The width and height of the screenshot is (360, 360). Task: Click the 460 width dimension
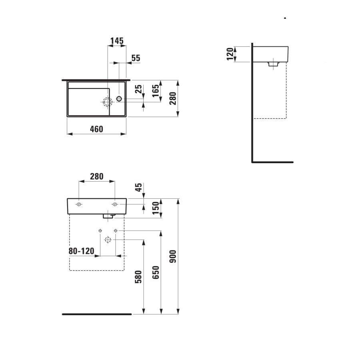click(x=96, y=129)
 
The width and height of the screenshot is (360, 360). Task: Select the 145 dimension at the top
click(x=117, y=41)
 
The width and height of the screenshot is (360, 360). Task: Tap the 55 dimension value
click(x=136, y=58)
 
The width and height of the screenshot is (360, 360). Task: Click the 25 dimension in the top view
click(x=138, y=89)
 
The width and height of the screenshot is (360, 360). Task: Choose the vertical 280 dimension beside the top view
click(x=172, y=98)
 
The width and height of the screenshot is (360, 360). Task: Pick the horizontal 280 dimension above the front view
click(x=96, y=176)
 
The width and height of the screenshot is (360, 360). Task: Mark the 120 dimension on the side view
click(x=230, y=54)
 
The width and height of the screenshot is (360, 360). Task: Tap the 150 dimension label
click(x=156, y=208)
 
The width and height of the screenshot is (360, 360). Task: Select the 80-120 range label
click(x=81, y=251)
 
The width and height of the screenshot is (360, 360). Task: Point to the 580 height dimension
click(x=138, y=277)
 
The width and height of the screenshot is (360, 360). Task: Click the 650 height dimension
click(x=156, y=272)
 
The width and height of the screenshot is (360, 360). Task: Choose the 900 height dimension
click(x=173, y=257)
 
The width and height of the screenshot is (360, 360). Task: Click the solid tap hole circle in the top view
click(x=119, y=98)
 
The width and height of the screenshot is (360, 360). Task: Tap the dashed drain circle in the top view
click(x=107, y=102)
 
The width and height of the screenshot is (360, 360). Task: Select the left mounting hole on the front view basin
click(x=79, y=204)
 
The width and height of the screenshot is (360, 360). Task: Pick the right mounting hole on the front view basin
click(x=114, y=204)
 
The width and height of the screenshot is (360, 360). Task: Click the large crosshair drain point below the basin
click(x=107, y=240)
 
